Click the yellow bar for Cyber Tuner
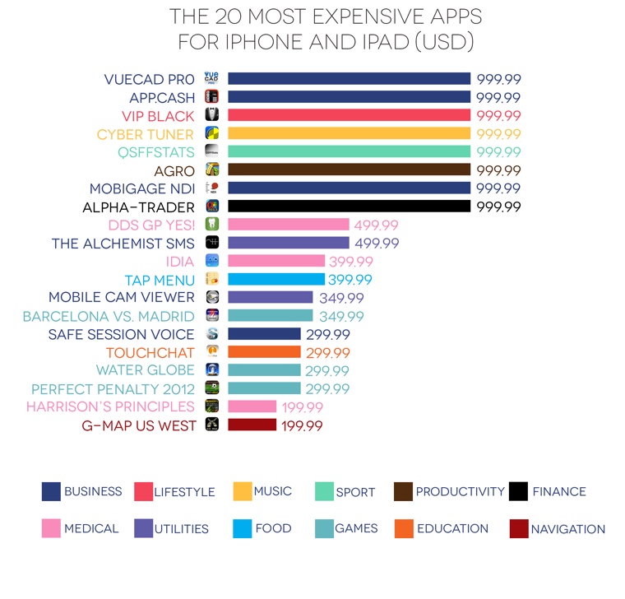tap(349, 133)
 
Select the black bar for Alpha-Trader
tap(349, 207)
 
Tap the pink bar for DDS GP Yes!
tap(289, 225)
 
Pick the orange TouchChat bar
tap(264, 352)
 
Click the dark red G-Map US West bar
tap(252, 425)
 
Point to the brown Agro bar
tap(349, 170)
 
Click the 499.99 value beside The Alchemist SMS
tap(377, 244)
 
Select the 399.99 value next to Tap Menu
tap(352, 280)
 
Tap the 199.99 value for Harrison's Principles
tap(303, 407)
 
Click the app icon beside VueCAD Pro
tap(211, 79)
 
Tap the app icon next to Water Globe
tap(211, 370)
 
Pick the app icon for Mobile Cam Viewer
tap(211, 298)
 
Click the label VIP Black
tap(158, 116)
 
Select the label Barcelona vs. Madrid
tap(109, 316)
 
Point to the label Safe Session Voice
tap(121, 334)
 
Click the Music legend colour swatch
tap(242, 491)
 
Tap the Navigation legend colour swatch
tap(518, 528)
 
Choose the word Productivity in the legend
tap(460, 491)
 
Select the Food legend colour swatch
tap(242, 528)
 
